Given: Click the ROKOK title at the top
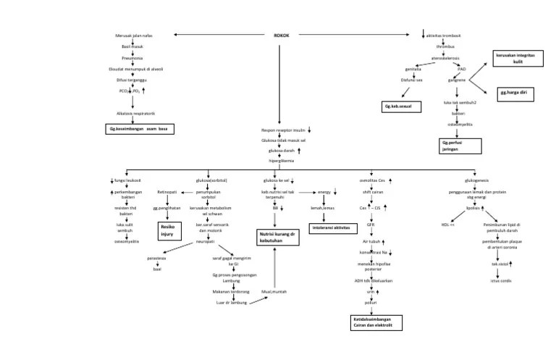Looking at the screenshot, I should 282,35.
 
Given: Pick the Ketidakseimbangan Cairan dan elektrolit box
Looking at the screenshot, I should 373,322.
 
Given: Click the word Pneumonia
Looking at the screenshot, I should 132,57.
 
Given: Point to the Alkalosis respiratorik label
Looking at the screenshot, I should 135,113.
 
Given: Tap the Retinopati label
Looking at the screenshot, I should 168,193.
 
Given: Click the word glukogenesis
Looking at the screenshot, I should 468,180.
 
